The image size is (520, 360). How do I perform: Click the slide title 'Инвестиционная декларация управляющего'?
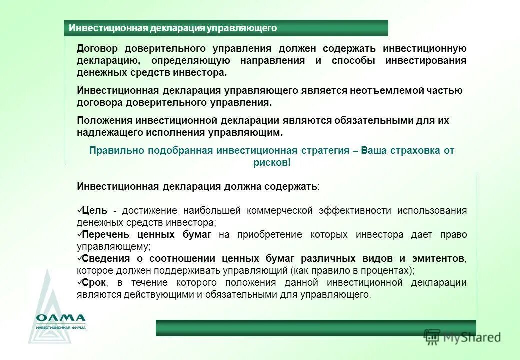click(x=173, y=28)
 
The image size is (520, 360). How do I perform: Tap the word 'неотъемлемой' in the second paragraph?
click(x=370, y=90)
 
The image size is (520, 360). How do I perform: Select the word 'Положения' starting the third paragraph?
click(x=104, y=121)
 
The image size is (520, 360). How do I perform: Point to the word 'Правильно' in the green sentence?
click(x=113, y=150)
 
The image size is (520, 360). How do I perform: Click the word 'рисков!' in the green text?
click(x=272, y=163)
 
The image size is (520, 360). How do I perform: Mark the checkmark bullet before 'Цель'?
click(x=80, y=210)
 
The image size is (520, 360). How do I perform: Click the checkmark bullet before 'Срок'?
click(x=80, y=282)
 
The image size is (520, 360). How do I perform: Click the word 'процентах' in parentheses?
click(x=390, y=271)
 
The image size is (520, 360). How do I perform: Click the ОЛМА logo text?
click(x=61, y=318)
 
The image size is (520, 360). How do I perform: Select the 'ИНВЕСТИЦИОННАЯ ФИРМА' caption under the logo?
click(x=61, y=328)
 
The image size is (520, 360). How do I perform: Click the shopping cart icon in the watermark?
click(x=431, y=337)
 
